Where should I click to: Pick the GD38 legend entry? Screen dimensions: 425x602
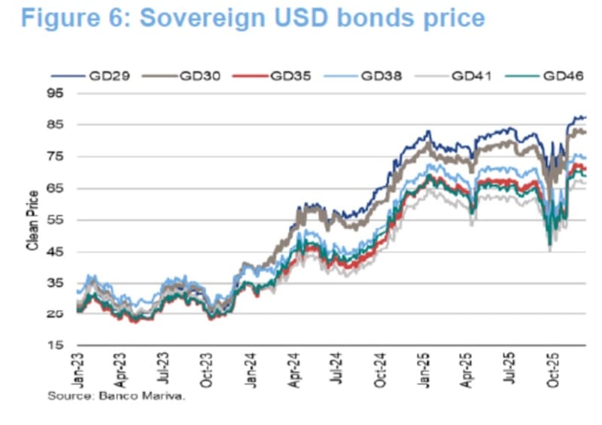click(x=380, y=75)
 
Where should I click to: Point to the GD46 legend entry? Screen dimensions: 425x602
click(x=561, y=75)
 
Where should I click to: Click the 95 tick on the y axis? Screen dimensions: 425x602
click(x=55, y=93)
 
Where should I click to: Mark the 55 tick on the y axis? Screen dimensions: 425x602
click(x=55, y=220)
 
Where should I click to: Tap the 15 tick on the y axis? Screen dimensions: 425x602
click(x=55, y=346)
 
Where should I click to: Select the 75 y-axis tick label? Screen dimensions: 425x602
click(x=55, y=157)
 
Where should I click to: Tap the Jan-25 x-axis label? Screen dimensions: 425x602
click(x=424, y=369)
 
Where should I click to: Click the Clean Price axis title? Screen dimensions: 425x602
click(x=32, y=219)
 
